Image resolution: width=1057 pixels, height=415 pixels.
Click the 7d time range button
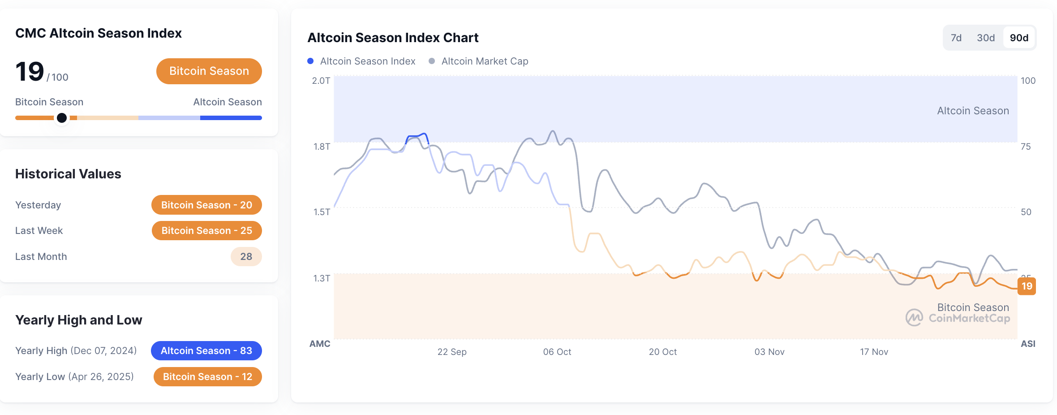click(x=956, y=38)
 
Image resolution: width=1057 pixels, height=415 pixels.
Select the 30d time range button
click(x=985, y=38)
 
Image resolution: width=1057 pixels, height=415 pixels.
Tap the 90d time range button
click(x=1019, y=38)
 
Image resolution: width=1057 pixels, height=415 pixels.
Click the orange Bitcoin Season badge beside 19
click(x=209, y=71)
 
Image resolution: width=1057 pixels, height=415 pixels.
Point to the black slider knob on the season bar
click(x=62, y=118)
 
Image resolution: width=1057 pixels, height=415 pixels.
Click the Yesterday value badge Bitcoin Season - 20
click(x=206, y=205)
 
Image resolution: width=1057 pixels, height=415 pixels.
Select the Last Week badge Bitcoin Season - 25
click(x=206, y=230)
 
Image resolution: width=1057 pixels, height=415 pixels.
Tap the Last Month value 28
click(x=246, y=256)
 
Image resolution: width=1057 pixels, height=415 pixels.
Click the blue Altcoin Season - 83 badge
click(x=206, y=350)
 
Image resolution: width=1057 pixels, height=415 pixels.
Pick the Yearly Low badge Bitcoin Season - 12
click(x=207, y=376)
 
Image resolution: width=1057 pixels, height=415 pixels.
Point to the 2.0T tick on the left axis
click(x=321, y=81)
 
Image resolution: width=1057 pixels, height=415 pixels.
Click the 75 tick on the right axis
click(x=1025, y=147)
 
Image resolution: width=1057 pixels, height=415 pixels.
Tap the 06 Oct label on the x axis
click(x=557, y=352)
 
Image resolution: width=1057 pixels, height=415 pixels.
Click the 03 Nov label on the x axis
click(x=769, y=352)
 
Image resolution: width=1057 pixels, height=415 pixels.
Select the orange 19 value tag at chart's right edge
click(x=1027, y=286)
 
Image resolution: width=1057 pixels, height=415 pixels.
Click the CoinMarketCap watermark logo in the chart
click(x=914, y=318)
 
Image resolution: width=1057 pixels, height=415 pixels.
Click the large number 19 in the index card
click(x=30, y=72)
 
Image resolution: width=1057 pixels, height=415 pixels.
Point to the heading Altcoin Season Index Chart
click(x=393, y=38)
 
